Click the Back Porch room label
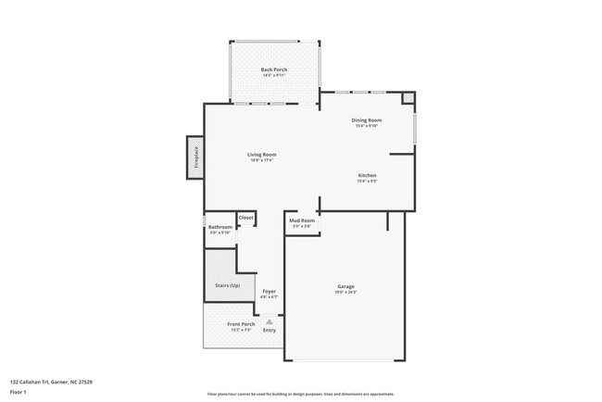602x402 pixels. click(273, 69)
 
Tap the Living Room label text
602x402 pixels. click(261, 154)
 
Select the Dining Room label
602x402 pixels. click(367, 119)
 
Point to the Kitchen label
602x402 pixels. click(367, 175)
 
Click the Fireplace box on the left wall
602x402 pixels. click(195, 156)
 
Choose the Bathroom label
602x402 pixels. click(219, 227)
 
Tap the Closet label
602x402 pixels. click(246, 218)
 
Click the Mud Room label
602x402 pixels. click(303, 220)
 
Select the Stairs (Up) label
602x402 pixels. click(227, 285)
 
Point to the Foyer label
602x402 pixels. click(269, 291)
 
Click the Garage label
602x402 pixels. click(345, 286)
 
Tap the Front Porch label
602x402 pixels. click(240, 323)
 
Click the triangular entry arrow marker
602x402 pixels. click(270, 321)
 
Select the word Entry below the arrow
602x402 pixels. click(270, 331)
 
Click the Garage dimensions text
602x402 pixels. click(345, 293)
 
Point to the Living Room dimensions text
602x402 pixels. click(261, 160)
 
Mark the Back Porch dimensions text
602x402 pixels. click(273, 76)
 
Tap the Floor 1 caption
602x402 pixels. click(18, 392)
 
